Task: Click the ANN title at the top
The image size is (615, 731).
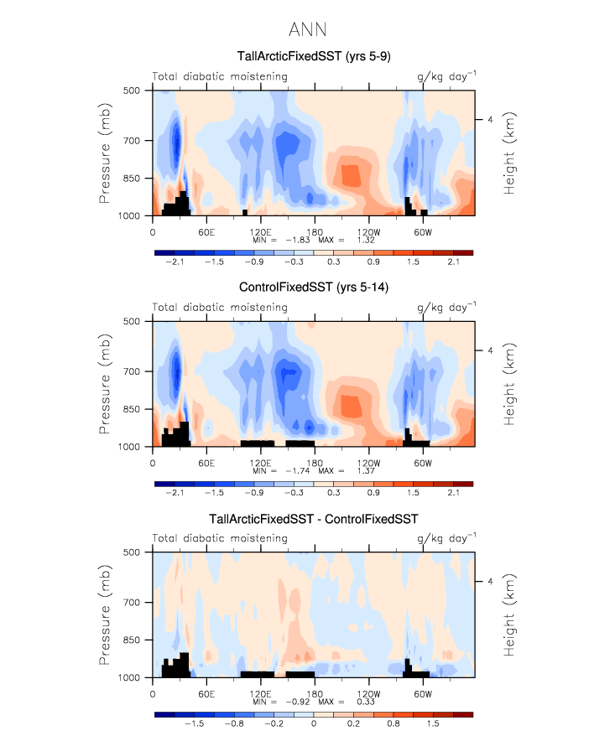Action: (307, 30)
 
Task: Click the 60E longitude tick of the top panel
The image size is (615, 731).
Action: (206, 231)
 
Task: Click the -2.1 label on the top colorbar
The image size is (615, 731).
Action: (175, 262)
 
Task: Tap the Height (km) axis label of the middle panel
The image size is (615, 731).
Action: (510, 383)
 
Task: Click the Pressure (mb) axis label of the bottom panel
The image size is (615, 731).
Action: (106, 614)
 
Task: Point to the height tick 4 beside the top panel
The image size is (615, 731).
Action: (489, 120)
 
